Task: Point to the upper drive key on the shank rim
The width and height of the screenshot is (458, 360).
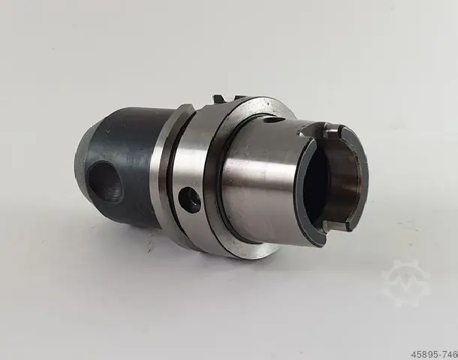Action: [x=333, y=132]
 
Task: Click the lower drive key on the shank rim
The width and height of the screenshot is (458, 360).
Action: [x=336, y=226]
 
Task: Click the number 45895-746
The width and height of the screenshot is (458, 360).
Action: [x=434, y=354]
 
